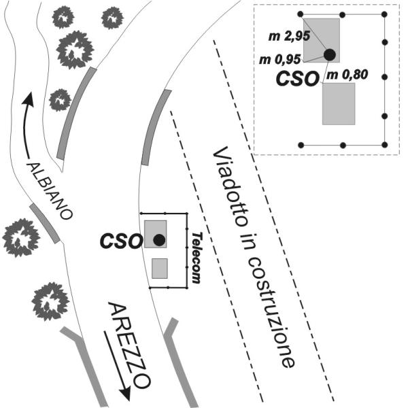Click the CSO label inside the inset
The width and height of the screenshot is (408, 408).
coord(297,78)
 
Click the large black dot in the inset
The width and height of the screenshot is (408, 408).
coord(330,54)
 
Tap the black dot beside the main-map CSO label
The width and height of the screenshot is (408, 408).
coord(158,239)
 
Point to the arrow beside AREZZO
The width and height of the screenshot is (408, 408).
coord(116,364)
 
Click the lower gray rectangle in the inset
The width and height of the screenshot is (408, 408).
coord(339,103)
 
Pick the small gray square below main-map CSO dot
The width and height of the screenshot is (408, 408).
coord(159,268)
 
